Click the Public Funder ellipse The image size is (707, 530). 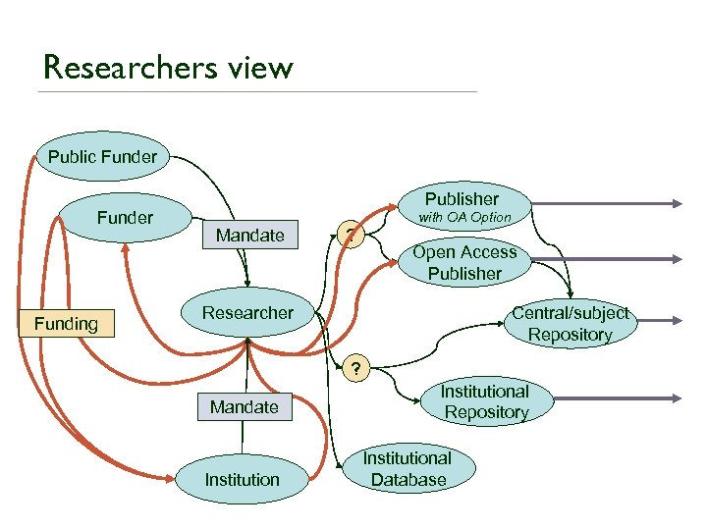click(102, 156)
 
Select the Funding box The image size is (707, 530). click(66, 323)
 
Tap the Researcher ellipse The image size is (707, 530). click(247, 313)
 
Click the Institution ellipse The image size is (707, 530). click(242, 480)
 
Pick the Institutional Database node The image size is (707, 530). click(408, 469)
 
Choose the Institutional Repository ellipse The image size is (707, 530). click(486, 402)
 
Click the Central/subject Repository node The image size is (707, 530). click(570, 324)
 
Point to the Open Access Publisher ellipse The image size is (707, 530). click(464, 263)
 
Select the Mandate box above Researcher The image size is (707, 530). click(249, 235)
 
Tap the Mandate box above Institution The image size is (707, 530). click(245, 406)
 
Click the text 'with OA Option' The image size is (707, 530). click(465, 217)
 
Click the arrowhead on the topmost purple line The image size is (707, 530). click(675, 203)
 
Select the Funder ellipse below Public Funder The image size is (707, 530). click(125, 218)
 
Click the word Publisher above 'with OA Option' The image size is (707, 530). click(462, 199)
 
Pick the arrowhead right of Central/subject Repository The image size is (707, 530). click(675, 320)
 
